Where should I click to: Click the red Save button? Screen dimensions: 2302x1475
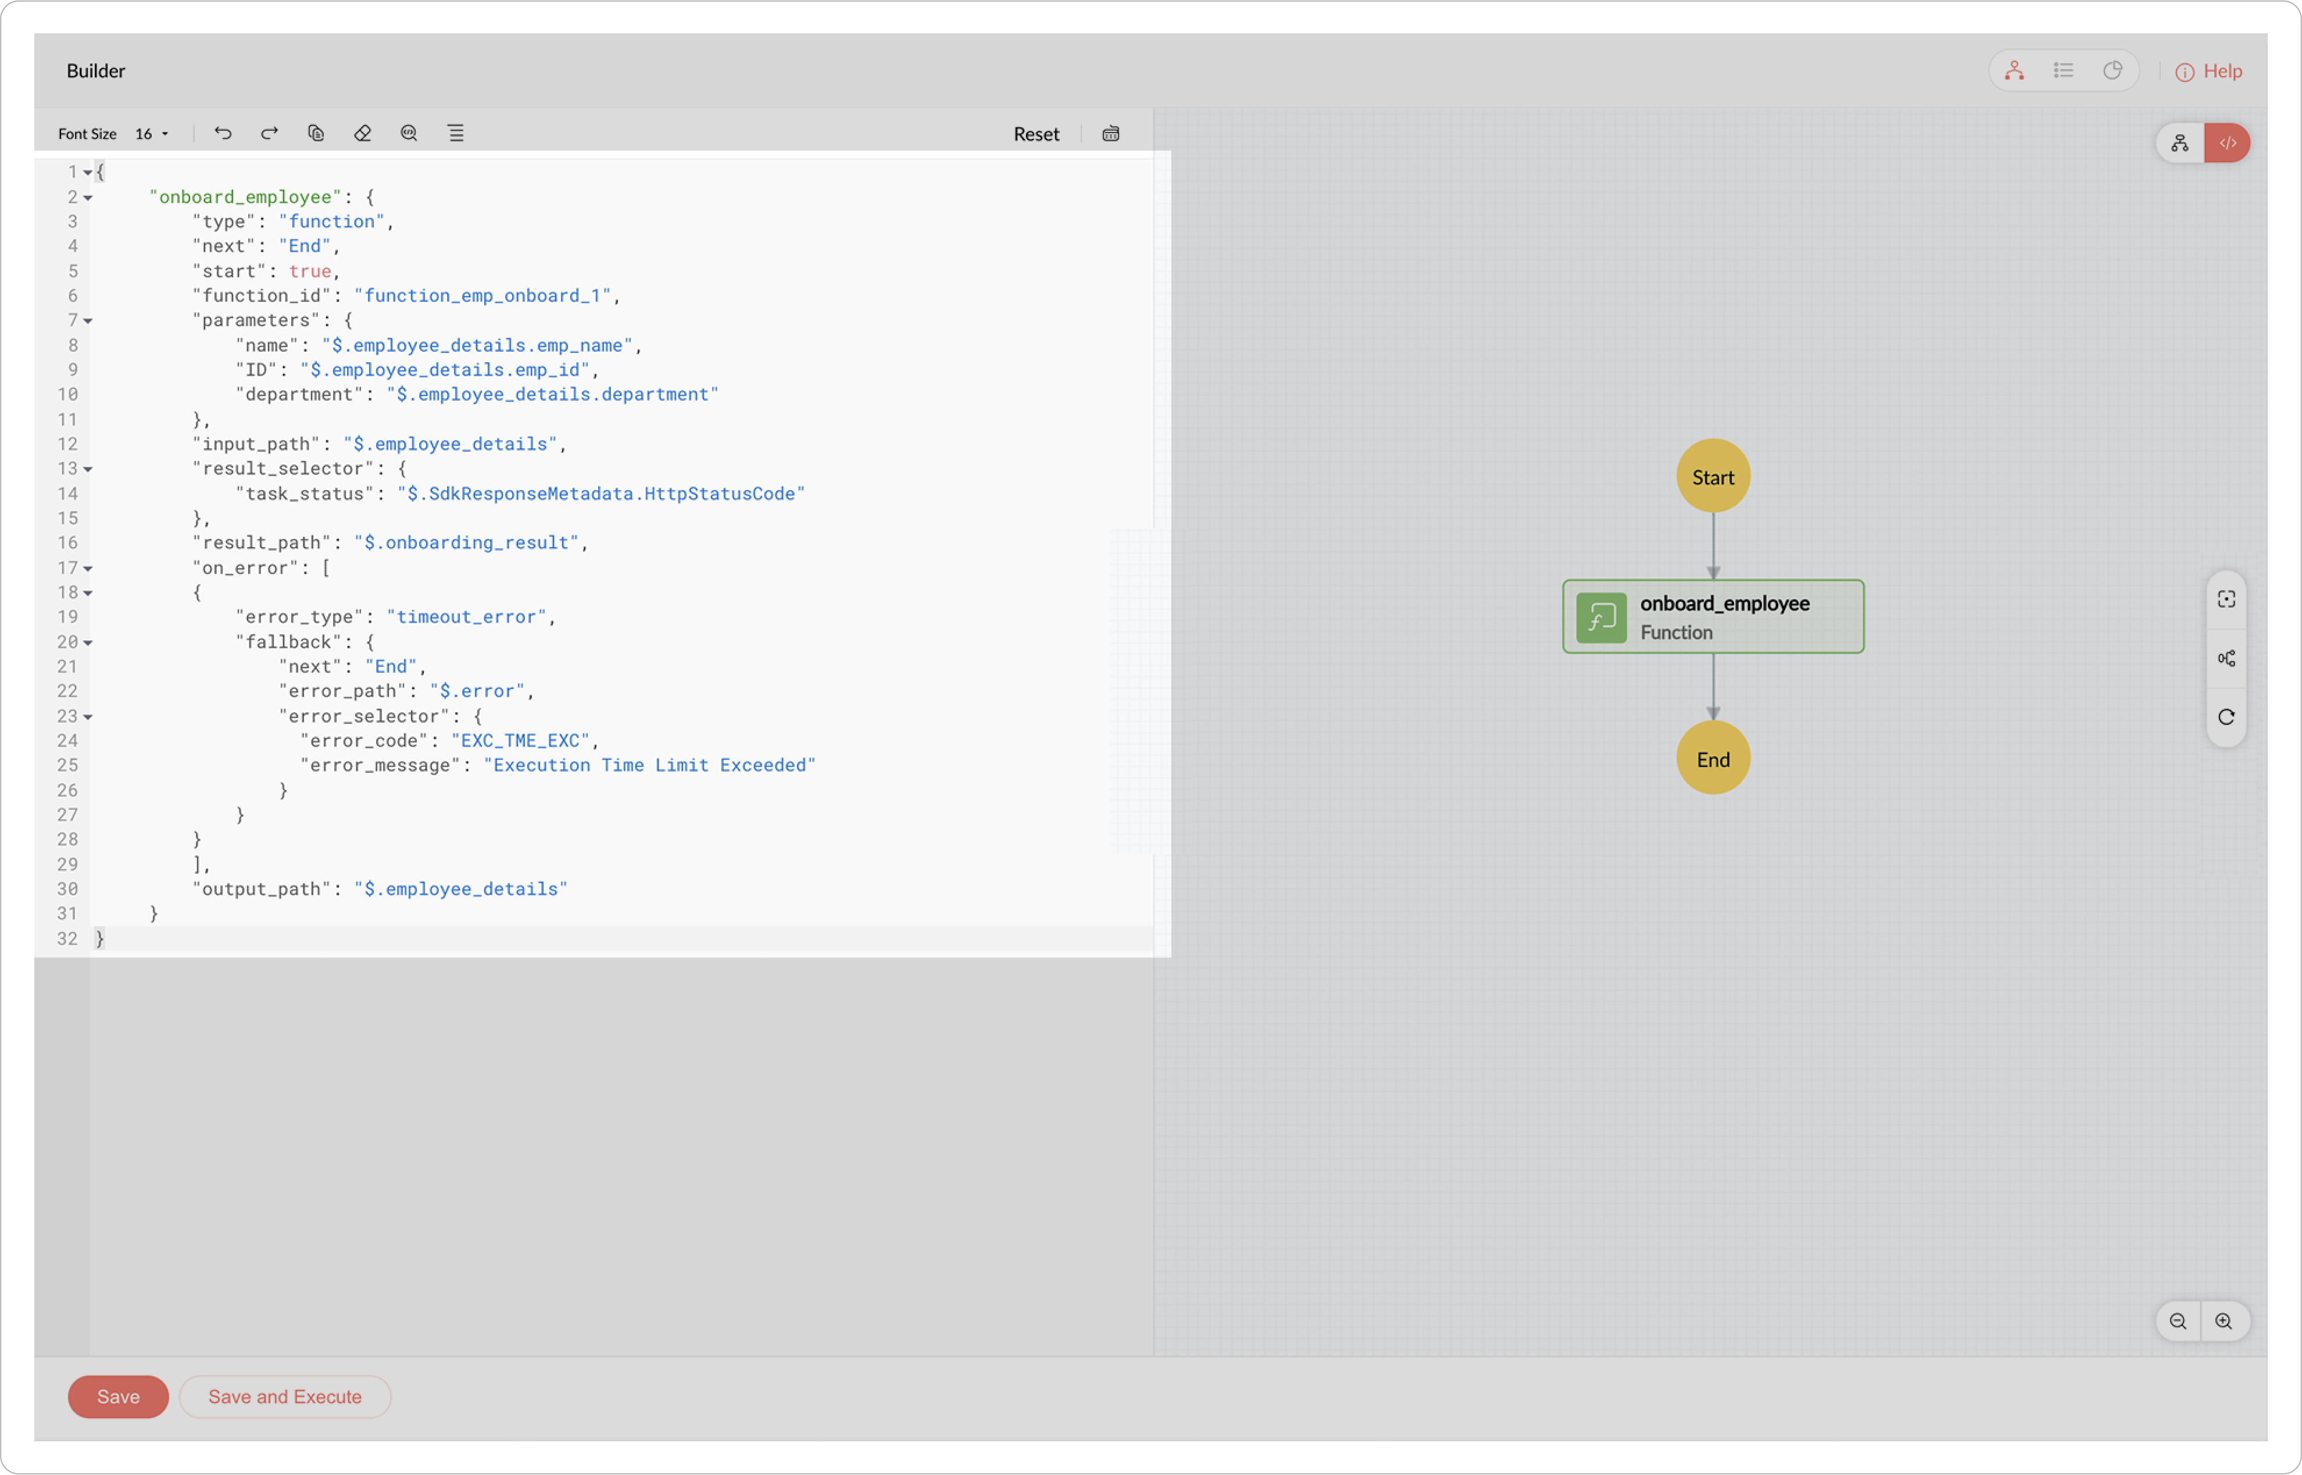click(x=118, y=1397)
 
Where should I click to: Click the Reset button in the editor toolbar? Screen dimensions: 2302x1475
click(x=1036, y=134)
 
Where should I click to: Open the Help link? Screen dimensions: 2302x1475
click(x=2209, y=71)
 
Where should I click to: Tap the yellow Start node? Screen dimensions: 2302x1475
click(x=1713, y=476)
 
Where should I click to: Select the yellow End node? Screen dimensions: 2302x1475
click(x=1713, y=759)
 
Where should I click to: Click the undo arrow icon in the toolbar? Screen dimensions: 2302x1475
click(x=223, y=133)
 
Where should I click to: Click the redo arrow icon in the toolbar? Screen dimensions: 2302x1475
click(x=269, y=133)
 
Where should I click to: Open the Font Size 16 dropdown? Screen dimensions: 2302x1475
click(x=151, y=134)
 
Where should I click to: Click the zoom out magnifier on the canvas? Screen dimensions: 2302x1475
click(x=2178, y=1322)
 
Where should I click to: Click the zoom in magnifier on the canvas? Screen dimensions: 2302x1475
click(x=2224, y=1322)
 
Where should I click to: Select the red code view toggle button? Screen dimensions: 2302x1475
click(x=2228, y=142)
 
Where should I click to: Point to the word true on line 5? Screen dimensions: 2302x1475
click(x=309, y=271)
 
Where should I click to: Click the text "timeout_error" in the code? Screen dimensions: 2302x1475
click(x=466, y=617)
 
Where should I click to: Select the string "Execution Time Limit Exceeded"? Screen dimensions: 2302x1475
click(x=649, y=765)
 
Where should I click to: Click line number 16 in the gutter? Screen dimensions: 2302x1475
click(x=67, y=543)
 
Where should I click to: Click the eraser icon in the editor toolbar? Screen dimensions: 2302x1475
click(x=362, y=133)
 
